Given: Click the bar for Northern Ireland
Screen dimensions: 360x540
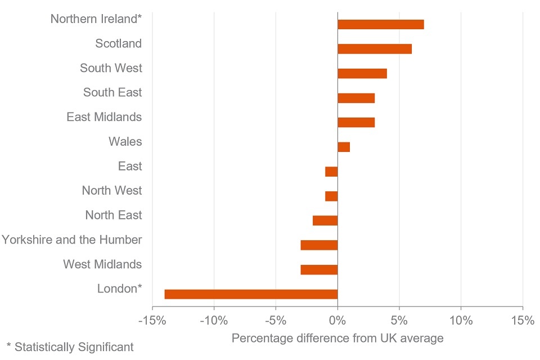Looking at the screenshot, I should coord(380,24).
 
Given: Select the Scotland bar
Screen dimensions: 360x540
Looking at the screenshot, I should coord(374,49).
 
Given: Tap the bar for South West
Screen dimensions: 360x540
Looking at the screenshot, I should coord(362,73).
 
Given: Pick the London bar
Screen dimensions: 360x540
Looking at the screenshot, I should coord(251,294).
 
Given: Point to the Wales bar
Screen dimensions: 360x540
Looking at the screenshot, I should coord(344,147).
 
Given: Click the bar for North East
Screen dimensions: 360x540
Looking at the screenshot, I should coord(325,220).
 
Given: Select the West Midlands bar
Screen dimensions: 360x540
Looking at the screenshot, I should coord(319,269).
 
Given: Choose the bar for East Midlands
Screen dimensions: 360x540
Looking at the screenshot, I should coord(355,122).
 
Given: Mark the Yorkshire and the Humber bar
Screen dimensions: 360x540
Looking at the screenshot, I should coord(319,245).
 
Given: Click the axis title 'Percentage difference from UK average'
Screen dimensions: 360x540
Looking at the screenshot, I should coord(337,338).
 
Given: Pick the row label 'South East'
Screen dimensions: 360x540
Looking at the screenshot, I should coord(112,92).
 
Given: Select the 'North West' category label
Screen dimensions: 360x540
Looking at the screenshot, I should coord(112,190).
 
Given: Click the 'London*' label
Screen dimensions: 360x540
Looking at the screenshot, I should coord(119,289).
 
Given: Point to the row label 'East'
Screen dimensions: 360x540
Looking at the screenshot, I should coord(130,166).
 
